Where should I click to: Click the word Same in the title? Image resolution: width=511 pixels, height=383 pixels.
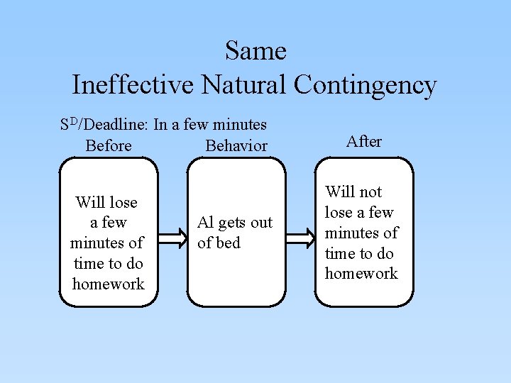pyautogui.click(x=255, y=51)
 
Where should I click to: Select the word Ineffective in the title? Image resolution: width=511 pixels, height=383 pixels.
pyautogui.click(x=133, y=85)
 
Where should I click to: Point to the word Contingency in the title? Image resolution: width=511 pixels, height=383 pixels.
pyautogui.click(x=365, y=85)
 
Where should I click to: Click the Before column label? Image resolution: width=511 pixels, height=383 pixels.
pyautogui.click(x=108, y=146)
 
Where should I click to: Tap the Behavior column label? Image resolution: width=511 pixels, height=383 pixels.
pyautogui.click(x=236, y=146)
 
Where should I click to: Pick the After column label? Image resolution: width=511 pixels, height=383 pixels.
pyautogui.click(x=364, y=141)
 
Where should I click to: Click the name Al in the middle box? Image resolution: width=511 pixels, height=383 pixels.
pyautogui.click(x=205, y=223)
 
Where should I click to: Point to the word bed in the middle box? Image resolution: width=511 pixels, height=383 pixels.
pyautogui.click(x=229, y=243)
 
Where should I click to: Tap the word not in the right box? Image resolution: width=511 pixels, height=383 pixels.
pyautogui.click(x=370, y=192)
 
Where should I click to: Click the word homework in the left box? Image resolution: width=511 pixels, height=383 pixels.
pyautogui.click(x=108, y=284)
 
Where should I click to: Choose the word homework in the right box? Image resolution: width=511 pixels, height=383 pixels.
pyautogui.click(x=361, y=274)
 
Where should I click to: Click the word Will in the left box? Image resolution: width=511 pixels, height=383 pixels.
pyautogui.click(x=90, y=203)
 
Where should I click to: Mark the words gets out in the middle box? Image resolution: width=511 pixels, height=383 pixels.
pyautogui.click(x=245, y=223)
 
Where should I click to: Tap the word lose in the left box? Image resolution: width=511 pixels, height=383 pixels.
pyautogui.click(x=123, y=203)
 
